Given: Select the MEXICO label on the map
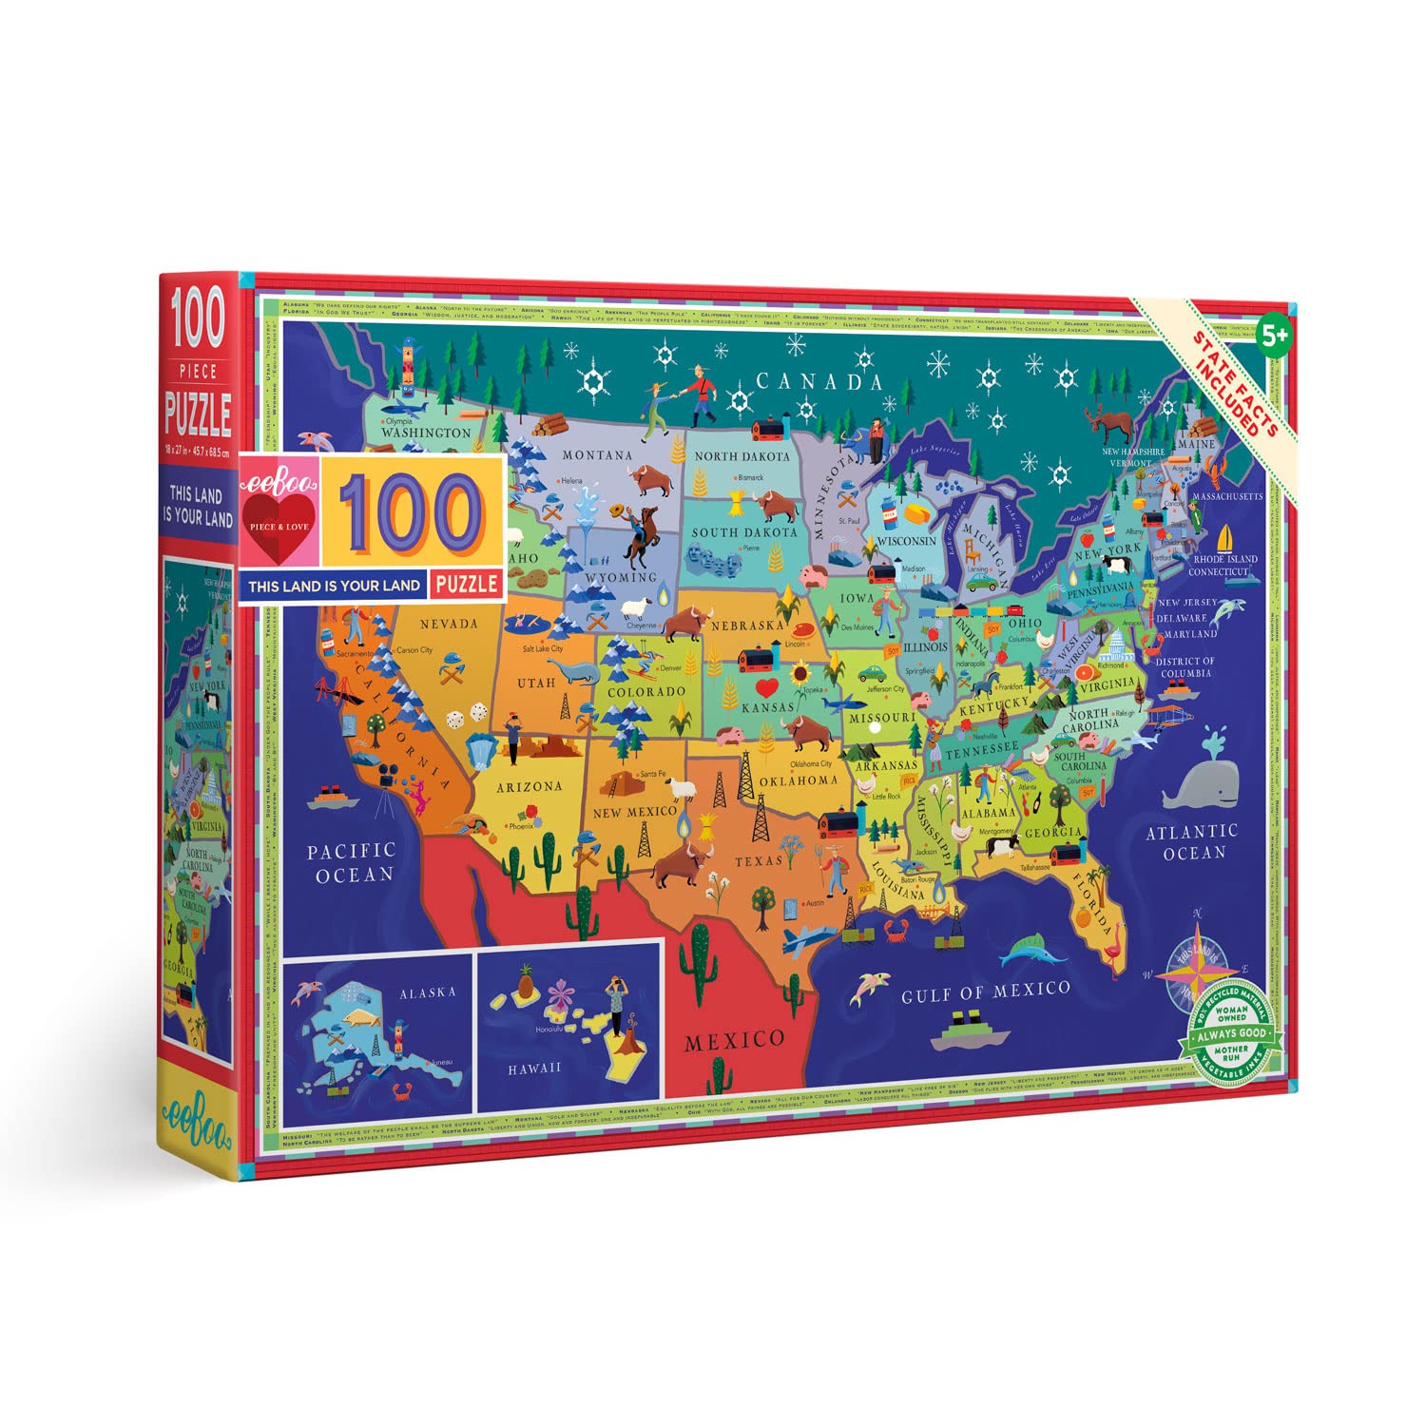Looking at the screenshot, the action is pos(735,1040).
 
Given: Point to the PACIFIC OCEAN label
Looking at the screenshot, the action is pos(351,862).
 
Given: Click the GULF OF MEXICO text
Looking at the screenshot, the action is pos(986,992).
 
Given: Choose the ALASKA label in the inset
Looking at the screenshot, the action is pos(427,992).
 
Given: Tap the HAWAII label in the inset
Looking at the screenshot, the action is pos(534,1069).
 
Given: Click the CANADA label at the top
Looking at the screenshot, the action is pos(819,382).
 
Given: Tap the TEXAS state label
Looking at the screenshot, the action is pos(758,861).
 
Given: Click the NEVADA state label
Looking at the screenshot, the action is pos(449,624).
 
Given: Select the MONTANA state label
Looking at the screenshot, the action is pos(597,455).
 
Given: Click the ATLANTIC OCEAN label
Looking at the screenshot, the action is pos(1192,841).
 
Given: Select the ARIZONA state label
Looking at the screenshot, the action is pos(529,786).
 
